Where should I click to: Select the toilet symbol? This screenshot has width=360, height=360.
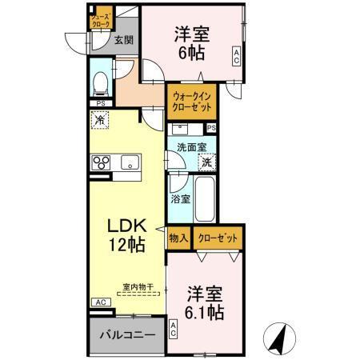[101, 82]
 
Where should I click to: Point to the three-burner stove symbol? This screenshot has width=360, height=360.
[102, 163]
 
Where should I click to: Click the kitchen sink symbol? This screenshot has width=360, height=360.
[130, 163]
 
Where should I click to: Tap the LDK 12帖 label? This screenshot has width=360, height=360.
[126, 233]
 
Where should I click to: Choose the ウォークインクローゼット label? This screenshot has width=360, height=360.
[191, 102]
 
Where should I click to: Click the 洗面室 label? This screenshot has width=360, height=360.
[192, 147]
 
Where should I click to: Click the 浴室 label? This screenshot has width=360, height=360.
[180, 198]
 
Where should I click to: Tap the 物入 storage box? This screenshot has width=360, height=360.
[178, 238]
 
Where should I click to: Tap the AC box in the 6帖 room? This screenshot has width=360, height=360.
[236, 56]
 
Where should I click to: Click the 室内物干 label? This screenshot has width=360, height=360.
[138, 286]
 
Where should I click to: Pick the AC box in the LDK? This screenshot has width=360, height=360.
[101, 302]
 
